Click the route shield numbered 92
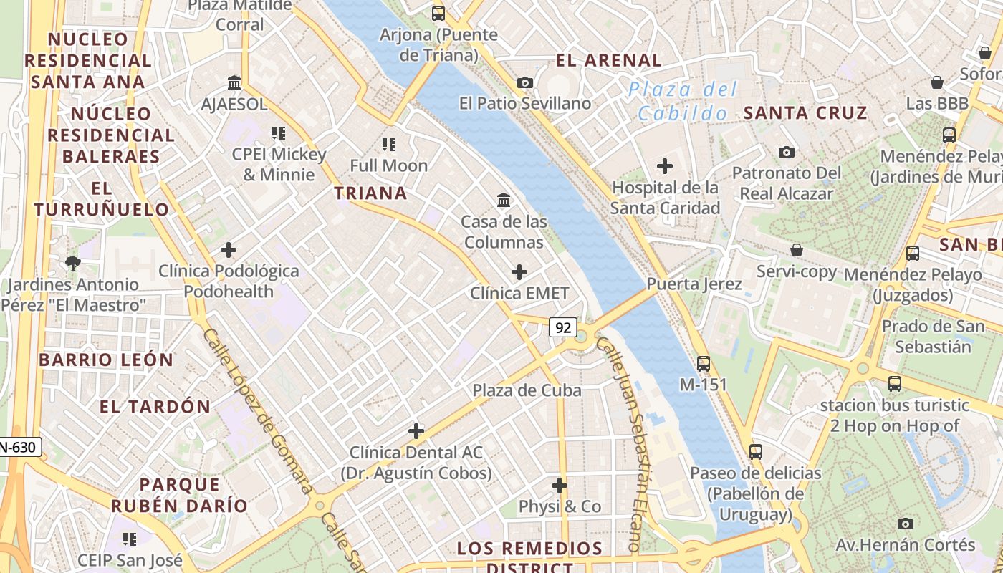click(563, 327)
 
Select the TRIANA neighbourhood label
click(370, 193)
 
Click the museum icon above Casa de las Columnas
click(504, 201)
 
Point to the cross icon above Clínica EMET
click(519, 272)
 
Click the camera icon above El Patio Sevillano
click(525, 83)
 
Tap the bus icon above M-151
click(704, 363)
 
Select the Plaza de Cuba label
click(527, 390)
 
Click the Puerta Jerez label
click(694, 284)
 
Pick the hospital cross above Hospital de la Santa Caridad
click(665, 167)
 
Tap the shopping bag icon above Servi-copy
click(797, 250)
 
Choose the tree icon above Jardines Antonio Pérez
click(72, 264)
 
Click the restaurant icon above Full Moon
click(389, 145)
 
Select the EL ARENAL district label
click(608, 60)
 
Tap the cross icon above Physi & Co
click(560, 486)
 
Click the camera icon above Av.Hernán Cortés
click(906, 524)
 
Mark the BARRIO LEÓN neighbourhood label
click(106, 360)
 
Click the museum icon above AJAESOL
click(234, 82)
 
